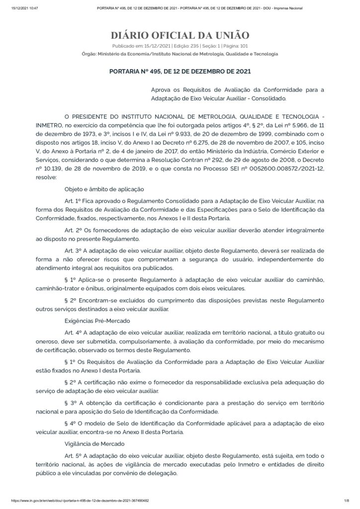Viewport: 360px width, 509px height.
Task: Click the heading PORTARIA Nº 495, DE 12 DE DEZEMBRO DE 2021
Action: [x=180, y=71]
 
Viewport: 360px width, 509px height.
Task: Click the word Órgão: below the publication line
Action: [x=90, y=53]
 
